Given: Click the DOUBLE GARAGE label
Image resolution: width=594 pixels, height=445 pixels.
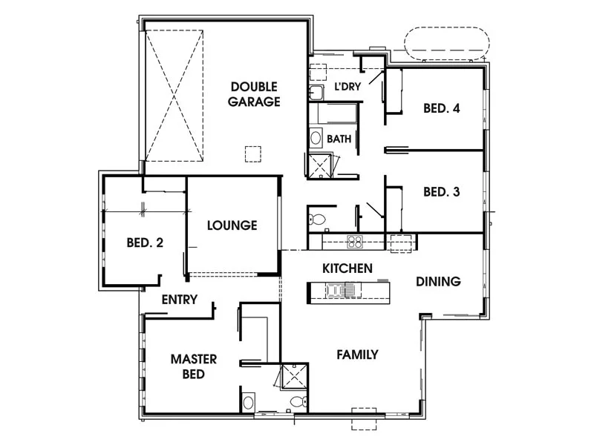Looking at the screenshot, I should (x=254, y=94).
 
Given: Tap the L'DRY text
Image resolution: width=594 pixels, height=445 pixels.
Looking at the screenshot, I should (x=347, y=87).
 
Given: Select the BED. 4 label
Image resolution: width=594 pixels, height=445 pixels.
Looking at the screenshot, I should (x=442, y=108).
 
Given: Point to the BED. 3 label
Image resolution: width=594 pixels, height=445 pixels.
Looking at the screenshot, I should (x=442, y=191).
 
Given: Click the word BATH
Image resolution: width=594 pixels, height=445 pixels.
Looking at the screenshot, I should (x=339, y=139).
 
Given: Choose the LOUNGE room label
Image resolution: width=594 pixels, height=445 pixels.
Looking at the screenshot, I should (x=232, y=225).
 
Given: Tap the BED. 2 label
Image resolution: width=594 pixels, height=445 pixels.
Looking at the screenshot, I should (x=145, y=242).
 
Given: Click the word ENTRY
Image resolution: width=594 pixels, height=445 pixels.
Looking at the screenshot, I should (x=180, y=300).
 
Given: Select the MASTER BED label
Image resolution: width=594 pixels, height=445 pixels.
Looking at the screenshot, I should (x=194, y=366).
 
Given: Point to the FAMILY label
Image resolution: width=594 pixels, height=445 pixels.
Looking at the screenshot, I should (x=356, y=355).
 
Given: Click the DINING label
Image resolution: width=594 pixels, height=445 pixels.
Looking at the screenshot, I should (x=438, y=282).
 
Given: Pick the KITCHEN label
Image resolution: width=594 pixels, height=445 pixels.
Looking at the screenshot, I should (x=347, y=268).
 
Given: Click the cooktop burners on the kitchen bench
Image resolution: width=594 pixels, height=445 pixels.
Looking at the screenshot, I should (x=355, y=241).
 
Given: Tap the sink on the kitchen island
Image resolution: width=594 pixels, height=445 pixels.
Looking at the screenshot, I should (x=344, y=291).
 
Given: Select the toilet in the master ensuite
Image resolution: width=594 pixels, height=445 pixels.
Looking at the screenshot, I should (x=297, y=402).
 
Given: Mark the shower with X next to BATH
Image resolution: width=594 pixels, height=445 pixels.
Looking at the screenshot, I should (x=320, y=167).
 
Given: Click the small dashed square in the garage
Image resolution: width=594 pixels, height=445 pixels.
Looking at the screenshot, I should (x=253, y=154).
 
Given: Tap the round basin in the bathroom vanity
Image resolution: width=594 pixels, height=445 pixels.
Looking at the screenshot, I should (x=316, y=138).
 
